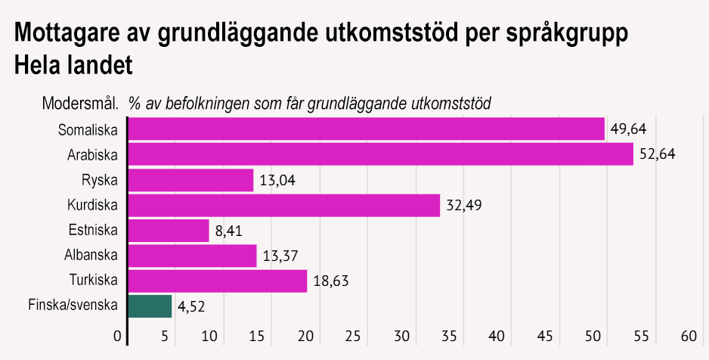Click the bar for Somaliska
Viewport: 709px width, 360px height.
(x=367, y=129)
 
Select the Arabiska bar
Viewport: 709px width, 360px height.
(x=380, y=154)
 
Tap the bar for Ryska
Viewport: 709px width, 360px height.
(x=190, y=180)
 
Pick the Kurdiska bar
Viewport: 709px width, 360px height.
(x=283, y=205)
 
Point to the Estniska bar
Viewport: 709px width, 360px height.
(x=168, y=231)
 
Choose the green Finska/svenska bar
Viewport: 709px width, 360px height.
(x=150, y=306)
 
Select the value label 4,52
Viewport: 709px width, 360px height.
(x=192, y=307)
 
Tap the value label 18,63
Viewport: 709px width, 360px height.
(x=330, y=281)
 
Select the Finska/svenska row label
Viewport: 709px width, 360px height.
(x=73, y=306)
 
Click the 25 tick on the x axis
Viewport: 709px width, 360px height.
(x=353, y=335)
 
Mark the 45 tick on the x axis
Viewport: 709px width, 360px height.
(x=544, y=335)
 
